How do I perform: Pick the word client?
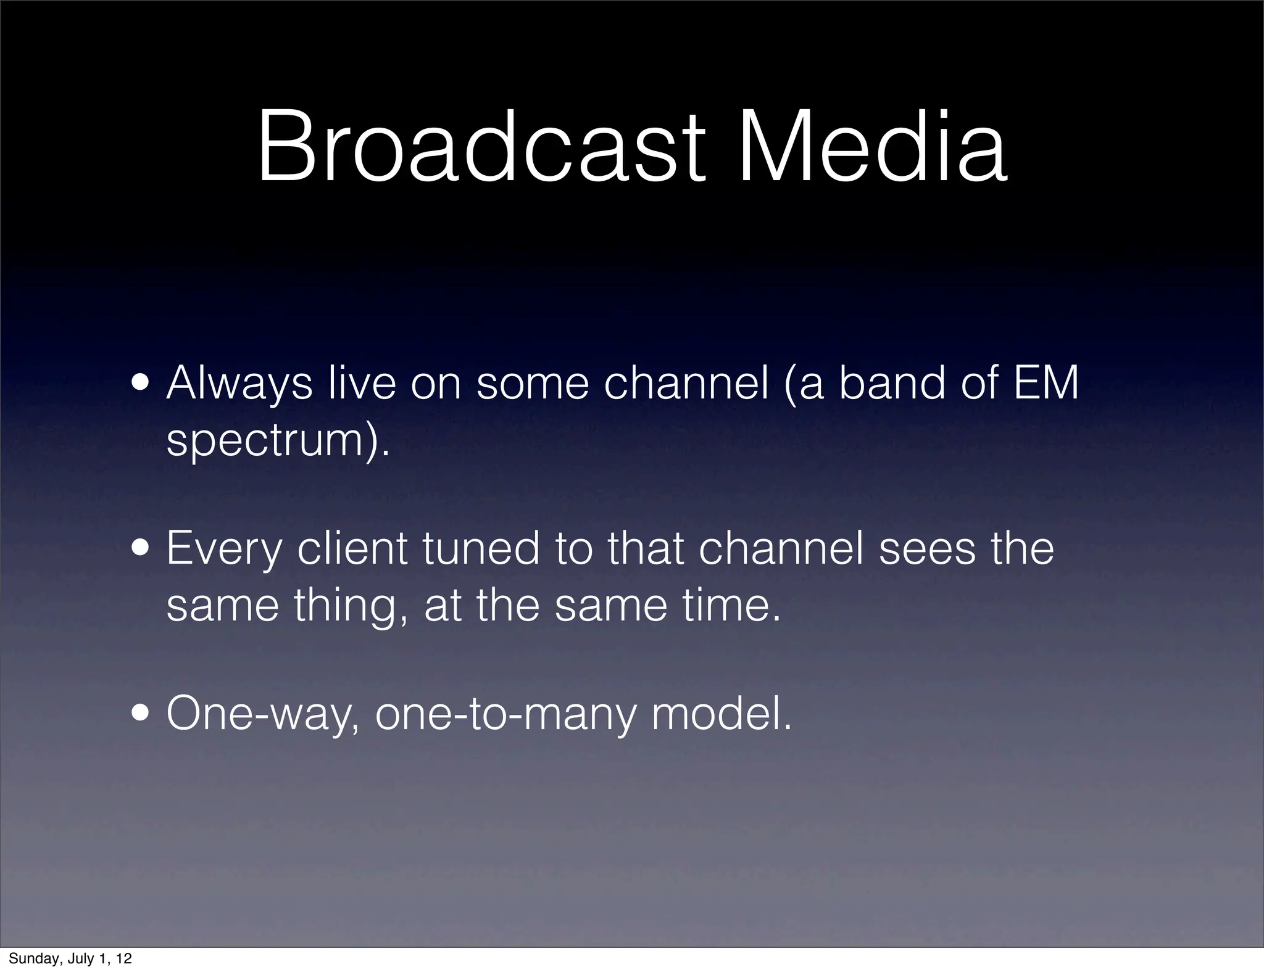[x=352, y=549]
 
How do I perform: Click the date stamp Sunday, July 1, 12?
[x=70, y=958]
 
